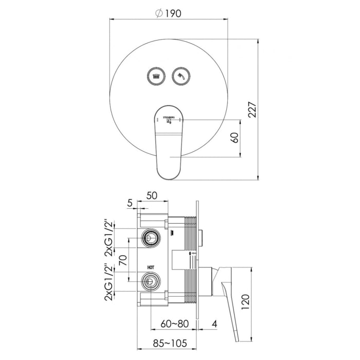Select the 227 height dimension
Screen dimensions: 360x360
click(x=251, y=109)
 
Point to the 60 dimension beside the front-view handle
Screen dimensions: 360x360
click(x=236, y=138)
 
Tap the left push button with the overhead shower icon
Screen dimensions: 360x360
click(x=155, y=76)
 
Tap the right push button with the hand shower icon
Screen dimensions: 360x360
click(x=181, y=76)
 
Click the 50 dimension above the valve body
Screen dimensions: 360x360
click(x=152, y=195)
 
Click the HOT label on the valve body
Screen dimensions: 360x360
click(x=151, y=267)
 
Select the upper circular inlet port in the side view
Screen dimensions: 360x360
click(x=150, y=237)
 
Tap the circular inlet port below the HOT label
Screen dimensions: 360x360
click(x=150, y=280)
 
